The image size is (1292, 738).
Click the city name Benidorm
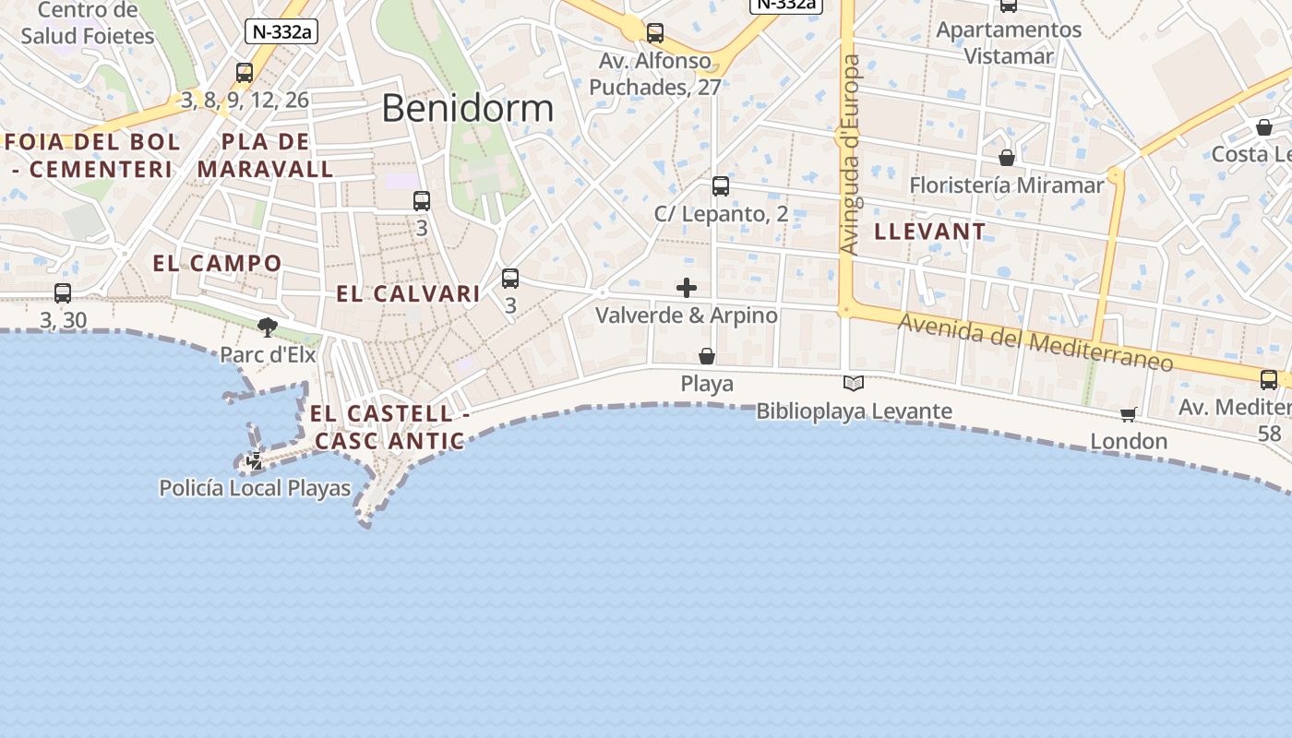click(x=467, y=108)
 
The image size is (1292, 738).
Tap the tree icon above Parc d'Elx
click(x=268, y=327)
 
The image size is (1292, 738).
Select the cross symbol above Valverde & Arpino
click(x=687, y=288)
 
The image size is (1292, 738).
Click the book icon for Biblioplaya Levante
click(x=854, y=383)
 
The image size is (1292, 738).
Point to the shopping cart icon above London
click(x=1128, y=414)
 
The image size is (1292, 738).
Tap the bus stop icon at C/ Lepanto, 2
click(x=721, y=186)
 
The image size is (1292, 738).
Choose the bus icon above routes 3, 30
click(x=63, y=293)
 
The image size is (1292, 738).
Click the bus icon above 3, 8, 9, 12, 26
click(x=245, y=72)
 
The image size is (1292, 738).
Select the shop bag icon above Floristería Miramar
click(x=1007, y=158)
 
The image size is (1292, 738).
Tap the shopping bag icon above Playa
click(x=707, y=356)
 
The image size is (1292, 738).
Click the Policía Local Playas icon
click(x=254, y=460)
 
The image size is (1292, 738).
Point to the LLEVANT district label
click(x=930, y=232)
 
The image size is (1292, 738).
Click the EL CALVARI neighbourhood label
click(x=408, y=294)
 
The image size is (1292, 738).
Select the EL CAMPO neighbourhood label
click(x=217, y=263)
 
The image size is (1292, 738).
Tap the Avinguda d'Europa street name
click(x=850, y=154)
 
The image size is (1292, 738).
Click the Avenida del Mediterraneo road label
click(x=1035, y=341)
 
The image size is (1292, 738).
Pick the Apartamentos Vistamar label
click(x=1009, y=42)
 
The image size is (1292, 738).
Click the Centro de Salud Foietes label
click(x=88, y=24)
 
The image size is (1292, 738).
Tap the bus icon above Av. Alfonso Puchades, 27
click(x=655, y=33)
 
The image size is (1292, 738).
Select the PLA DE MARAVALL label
click(x=266, y=156)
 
